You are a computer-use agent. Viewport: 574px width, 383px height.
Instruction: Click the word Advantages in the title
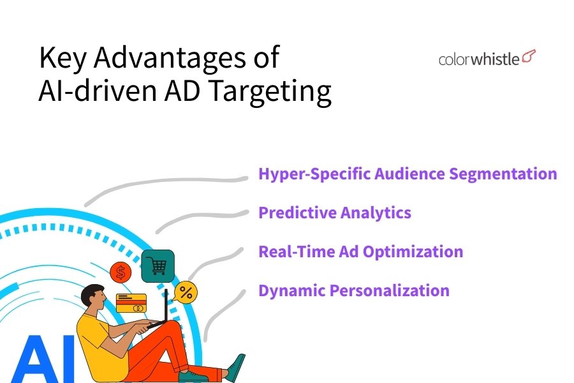pyautogui.click(x=170, y=57)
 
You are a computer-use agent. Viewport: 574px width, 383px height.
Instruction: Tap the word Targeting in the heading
pyautogui.click(x=270, y=91)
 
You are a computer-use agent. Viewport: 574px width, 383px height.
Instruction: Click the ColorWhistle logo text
pyautogui.click(x=479, y=59)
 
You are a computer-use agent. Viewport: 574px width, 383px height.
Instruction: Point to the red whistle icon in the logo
pyautogui.click(x=529, y=56)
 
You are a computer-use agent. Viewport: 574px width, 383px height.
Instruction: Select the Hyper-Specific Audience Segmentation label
pyautogui.click(x=408, y=174)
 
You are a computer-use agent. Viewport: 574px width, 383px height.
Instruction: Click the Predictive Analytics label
pyautogui.click(x=335, y=213)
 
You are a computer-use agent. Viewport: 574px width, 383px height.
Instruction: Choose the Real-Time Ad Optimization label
pyautogui.click(x=360, y=252)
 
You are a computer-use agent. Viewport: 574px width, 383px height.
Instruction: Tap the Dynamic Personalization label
pyautogui.click(x=353, y=290)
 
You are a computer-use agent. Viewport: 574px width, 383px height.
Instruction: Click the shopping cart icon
pyautogui.click(x=158, y=266)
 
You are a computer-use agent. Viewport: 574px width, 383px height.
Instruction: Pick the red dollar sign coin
pyautogui.click(x=121, y=273)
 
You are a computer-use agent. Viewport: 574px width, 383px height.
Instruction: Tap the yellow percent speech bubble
pyautogui.click(x=185, y=292)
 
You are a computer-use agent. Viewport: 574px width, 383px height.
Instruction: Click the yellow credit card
pyautogui.click(x=131, y=303)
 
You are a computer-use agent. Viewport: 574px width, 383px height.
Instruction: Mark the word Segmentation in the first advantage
pyautogui.click(x=503, y=174)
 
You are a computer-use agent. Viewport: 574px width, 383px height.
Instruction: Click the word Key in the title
pyautogui.click(x=63, y=57)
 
